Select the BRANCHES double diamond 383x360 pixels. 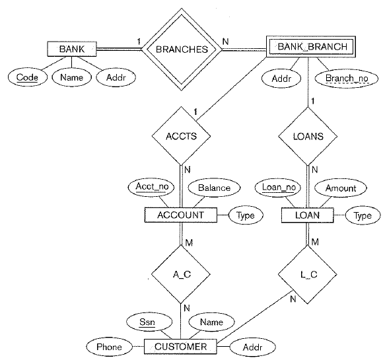[182, 48]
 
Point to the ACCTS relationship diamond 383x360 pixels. [180, 137]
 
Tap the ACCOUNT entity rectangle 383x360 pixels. [180, 215]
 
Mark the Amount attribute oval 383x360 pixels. [340, 188]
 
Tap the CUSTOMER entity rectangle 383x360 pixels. [180, 346]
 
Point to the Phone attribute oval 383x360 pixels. [108, 347]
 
